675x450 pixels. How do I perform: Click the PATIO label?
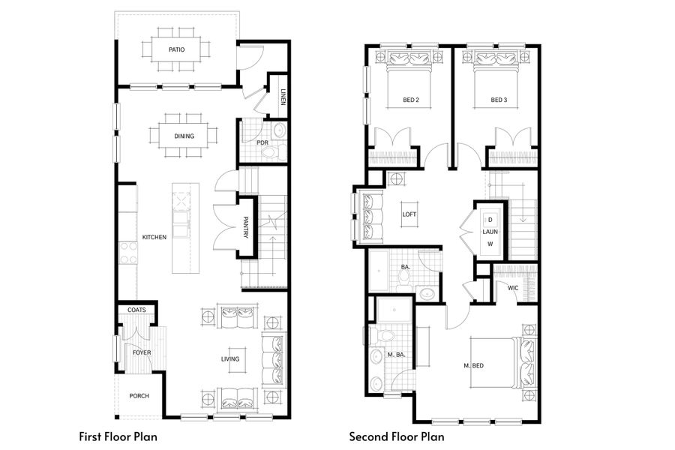[176, 50]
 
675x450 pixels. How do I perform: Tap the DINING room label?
[184, 136]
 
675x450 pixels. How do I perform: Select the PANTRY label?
[245, 228]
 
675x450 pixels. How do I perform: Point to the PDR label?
[262, 142]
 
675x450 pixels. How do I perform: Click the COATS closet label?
[136, 310]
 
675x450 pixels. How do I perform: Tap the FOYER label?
[142, 352]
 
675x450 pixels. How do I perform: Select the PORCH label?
[139, 396]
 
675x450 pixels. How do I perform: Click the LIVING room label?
[230, 358]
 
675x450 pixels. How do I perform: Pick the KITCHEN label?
[154, 237]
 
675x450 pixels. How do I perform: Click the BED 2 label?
[410, 100]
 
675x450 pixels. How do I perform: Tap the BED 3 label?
[499, 100]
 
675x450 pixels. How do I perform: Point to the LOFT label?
[409, 214]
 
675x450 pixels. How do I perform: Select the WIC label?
[513, 287]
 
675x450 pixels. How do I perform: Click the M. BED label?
[474, 365]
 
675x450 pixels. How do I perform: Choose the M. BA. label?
[395, 355]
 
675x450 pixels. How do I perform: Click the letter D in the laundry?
[490, 220]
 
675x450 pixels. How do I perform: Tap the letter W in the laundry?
[490, 244]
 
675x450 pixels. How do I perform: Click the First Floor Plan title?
[118, 436]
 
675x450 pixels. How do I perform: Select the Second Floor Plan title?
[396, 436]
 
